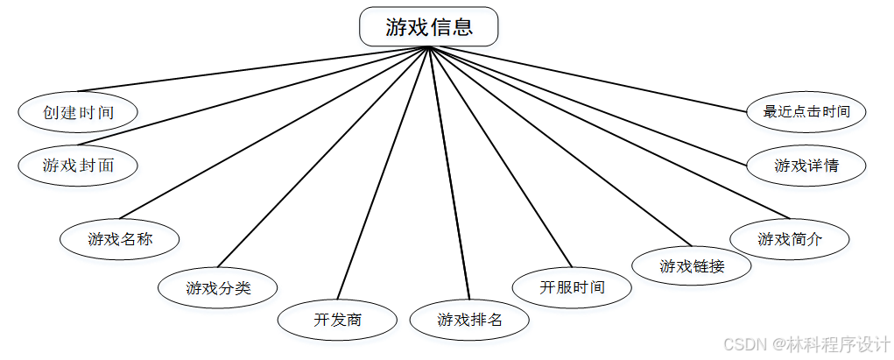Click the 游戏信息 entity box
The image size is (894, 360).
pos(429,26)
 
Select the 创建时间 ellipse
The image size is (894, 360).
pos(78,112)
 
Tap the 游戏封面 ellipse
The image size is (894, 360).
pos(78,165)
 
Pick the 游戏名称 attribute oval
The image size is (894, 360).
pos(120,238)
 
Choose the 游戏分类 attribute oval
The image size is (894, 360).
pos(218,287)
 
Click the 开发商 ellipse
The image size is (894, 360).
pos(337,320)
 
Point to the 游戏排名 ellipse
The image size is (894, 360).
pos(470,320)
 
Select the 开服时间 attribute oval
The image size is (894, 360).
pos(572,287)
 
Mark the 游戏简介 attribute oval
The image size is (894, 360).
pos(790,239)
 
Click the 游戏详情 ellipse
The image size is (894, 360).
pos(806,165)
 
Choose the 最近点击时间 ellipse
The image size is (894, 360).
pos(806,112)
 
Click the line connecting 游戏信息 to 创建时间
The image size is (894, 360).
pos(254,69)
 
